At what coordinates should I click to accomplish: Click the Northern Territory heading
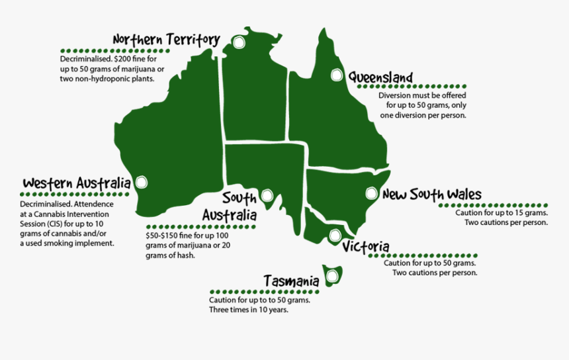165,40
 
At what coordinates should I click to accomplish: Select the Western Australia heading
76,183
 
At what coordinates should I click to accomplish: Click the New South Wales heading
431,194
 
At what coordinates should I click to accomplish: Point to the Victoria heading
366,247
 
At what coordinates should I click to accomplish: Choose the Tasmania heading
291,281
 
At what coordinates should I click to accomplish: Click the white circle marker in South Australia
267,195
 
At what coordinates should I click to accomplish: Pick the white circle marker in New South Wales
371,194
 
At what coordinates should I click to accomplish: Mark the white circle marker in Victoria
335,235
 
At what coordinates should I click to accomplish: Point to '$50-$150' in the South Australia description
161,236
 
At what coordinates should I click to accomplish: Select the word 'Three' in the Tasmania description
219,310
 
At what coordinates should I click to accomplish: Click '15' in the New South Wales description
514,213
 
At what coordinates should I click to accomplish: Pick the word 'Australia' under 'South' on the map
229,215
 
